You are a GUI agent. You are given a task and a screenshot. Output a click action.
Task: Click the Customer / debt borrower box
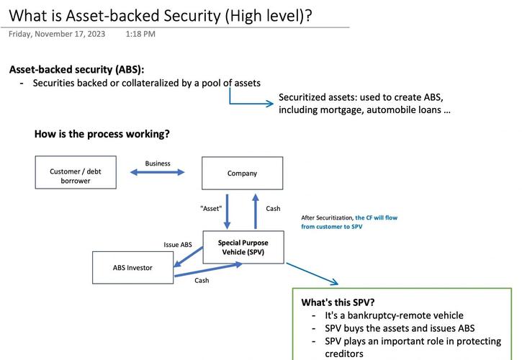click(76, 172)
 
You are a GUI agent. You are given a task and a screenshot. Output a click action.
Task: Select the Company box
click(242, 174)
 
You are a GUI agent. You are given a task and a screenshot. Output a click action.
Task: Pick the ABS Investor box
click(132, 268)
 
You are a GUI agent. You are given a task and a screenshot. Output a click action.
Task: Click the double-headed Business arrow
click(157, 172)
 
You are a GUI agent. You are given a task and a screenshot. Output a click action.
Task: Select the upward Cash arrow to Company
click(255, 208)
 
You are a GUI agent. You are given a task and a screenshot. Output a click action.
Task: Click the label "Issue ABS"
click(177, 245)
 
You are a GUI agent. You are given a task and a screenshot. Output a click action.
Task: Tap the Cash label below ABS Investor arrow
click(202, 281)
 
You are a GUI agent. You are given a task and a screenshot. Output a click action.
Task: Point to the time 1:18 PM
click(140, 34)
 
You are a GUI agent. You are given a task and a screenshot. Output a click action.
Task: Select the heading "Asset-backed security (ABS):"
click(76, 70)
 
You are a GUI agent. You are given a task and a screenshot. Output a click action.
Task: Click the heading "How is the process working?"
click(102, 134)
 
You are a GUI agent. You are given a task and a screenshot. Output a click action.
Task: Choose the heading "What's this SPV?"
click(338, 302)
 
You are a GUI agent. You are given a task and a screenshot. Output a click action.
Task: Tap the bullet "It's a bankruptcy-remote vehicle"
click(394, 315)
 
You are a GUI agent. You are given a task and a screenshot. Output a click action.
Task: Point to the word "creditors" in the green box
click(344, 354)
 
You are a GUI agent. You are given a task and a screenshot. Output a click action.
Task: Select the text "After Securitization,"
click(328, 217)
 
